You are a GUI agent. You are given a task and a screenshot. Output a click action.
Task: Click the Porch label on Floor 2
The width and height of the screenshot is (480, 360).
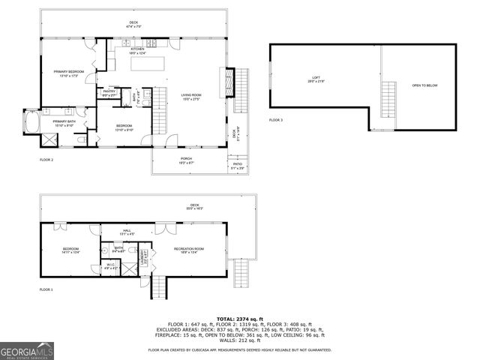tap(186, 160)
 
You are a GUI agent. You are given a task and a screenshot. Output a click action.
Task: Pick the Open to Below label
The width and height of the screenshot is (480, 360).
tap(424, 85)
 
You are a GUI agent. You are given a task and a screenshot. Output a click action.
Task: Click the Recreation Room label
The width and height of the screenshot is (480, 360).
tap(189, 250)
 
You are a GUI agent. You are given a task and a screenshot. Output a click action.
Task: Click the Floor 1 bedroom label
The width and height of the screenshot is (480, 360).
tap(70, 250)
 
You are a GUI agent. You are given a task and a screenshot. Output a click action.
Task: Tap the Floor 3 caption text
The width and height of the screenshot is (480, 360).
tap(277, 120)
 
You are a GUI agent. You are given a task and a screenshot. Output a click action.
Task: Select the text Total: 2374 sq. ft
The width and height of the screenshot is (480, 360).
tap(239, 319)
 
